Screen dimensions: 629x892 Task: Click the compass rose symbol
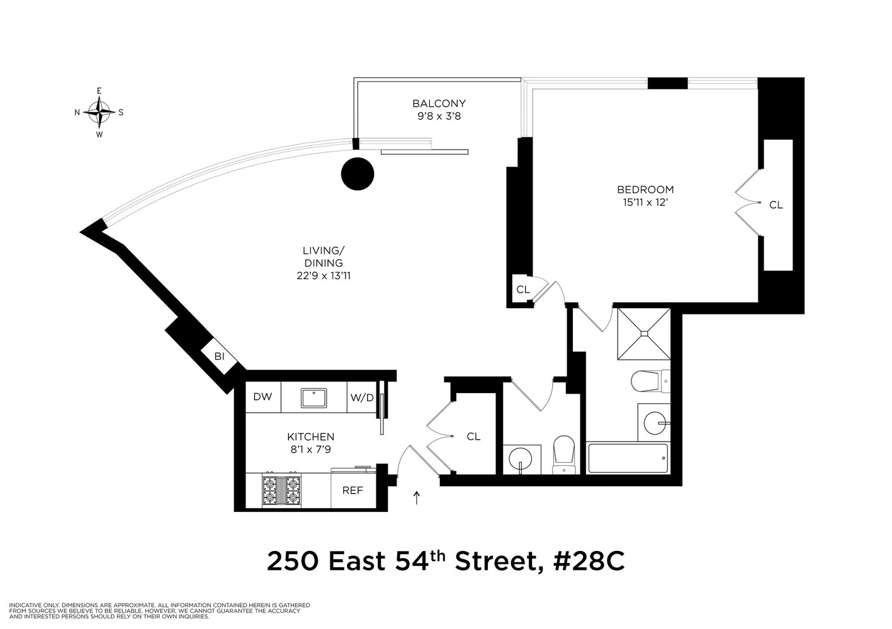99,113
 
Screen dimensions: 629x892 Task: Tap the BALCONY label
439,103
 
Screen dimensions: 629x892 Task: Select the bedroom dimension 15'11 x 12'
645,202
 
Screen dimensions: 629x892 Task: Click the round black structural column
358,173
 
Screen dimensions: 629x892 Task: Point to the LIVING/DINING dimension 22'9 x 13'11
324,276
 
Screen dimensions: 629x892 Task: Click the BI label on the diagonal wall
219,357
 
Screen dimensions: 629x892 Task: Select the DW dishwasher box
263,397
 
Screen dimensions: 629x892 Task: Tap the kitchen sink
313,398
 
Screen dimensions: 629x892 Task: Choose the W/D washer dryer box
362,398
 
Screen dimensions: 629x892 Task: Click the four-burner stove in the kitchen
281,489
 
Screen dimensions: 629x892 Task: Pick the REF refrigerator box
353,491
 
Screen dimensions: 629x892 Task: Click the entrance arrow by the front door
416,498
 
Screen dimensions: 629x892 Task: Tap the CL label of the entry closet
473,437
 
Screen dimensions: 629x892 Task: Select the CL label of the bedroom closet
776,205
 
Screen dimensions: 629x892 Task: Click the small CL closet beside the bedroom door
522,290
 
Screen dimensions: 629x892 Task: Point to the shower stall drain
644,333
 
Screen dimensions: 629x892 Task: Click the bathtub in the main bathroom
628,459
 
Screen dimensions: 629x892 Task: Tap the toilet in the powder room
563,454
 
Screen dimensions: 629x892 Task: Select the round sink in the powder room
522,457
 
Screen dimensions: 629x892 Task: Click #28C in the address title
588,562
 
